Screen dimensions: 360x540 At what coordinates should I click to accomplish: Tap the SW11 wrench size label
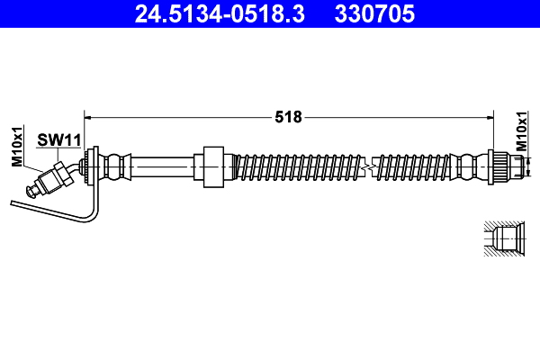(x=59, y=139)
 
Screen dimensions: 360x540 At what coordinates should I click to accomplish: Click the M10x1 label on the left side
(x=16, y=146)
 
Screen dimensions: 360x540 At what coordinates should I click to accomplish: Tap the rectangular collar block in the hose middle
(x=213, y=166)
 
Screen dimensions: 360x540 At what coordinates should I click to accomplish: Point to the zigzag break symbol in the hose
(x=365, y=166)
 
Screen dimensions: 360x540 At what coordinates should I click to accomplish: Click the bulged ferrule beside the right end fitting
(x=469, y=166)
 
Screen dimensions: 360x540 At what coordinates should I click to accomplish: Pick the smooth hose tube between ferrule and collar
(x=162, y=166)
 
